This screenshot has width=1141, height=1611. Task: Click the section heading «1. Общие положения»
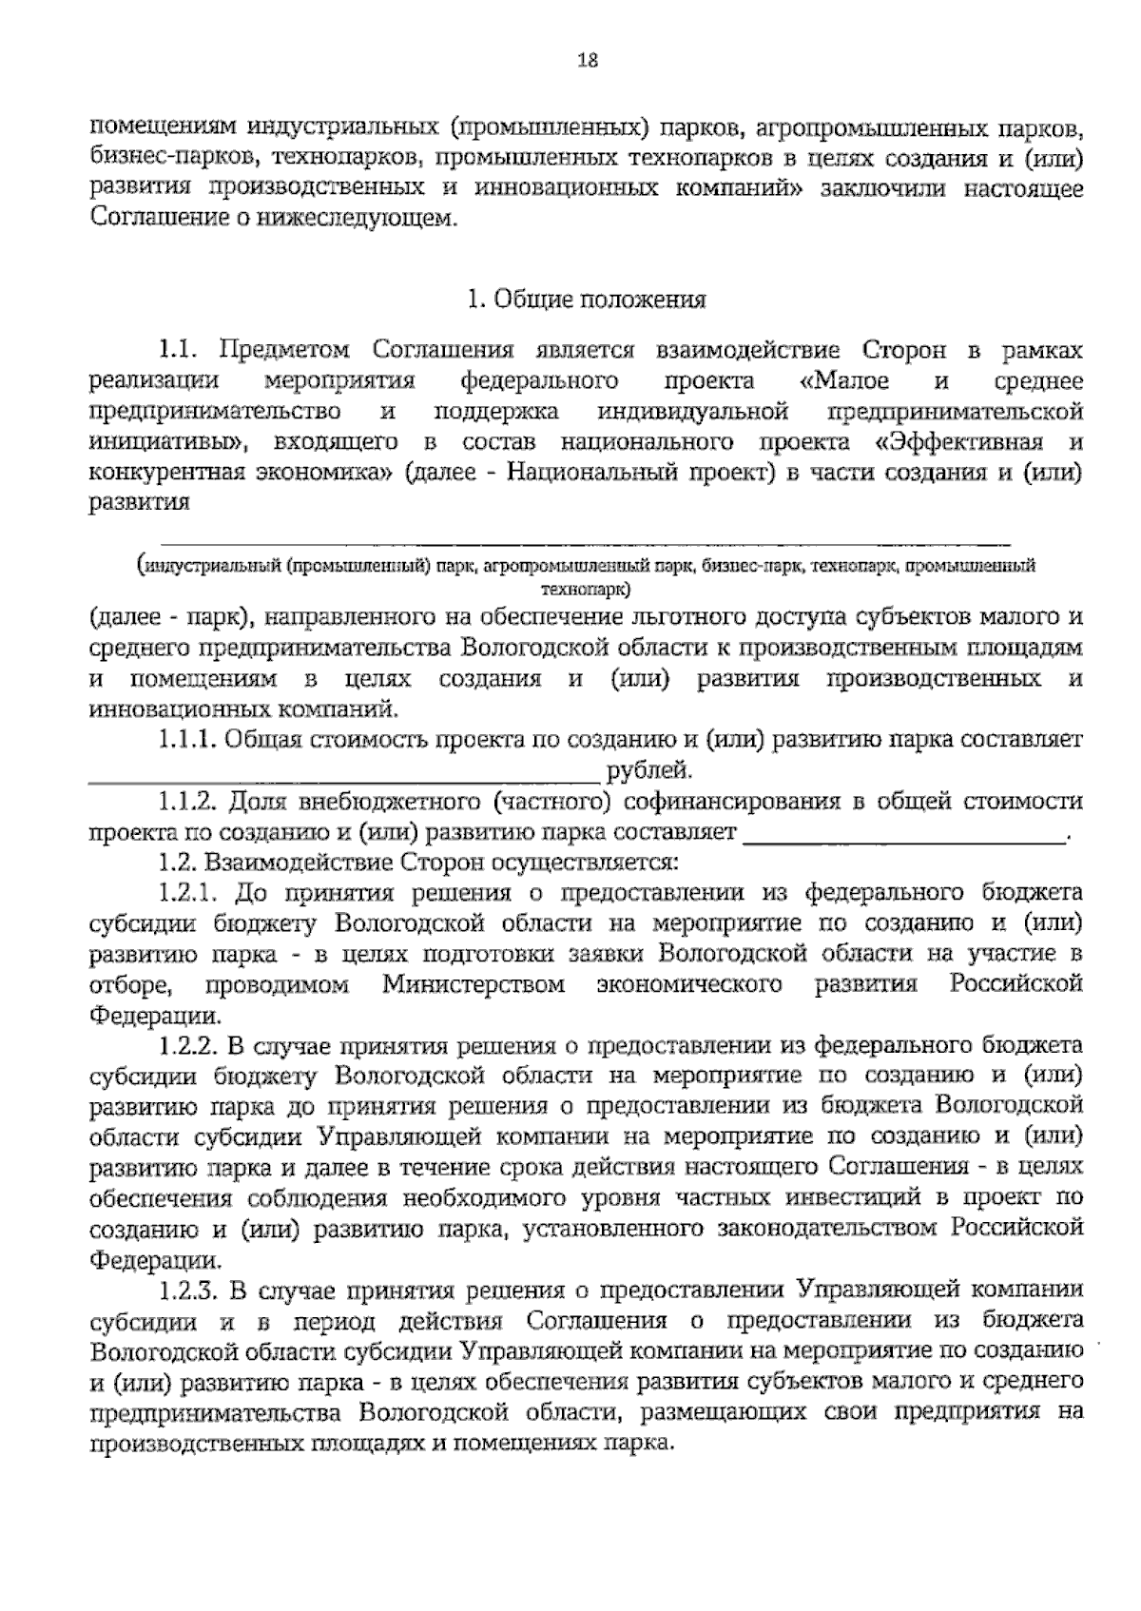click(587, 301)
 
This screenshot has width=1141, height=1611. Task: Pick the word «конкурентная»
click(167, 473)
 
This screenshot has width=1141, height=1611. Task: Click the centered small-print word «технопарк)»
click(587, 589)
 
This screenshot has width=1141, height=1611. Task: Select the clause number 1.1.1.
click(186, 740)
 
